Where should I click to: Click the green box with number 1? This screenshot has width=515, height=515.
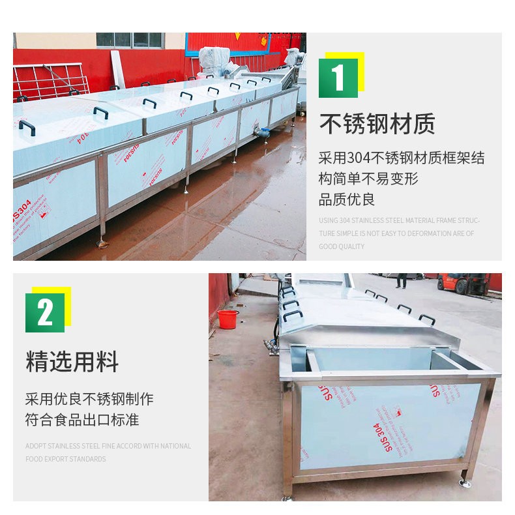pyautogui.click(x=338, y=78)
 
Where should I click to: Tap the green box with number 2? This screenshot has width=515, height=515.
pyautogui.click(x=45, y=313)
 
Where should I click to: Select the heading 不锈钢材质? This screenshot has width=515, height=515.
pyautogui.click(x=377, y=124)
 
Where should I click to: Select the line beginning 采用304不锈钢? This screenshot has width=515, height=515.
pyautogui.click(x=402, y=158)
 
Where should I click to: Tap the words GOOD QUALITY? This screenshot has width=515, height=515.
pyautogui.click(x=342, y=247)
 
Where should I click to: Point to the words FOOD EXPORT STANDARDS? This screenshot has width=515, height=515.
pyautogui.click(x=65, y=460)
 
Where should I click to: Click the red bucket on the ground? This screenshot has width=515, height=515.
pyautogui.click(x=228, y=319)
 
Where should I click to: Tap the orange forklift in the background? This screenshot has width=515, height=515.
pyautogui.click(x=462, y=282)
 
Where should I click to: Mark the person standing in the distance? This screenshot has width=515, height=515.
pyautogui.click(x=402, y=280)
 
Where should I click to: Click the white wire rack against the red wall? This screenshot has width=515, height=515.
pyautogui.click(x=50, y=81)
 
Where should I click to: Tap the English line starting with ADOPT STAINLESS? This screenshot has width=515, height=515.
pyautogui.click(x=108, y=447)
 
